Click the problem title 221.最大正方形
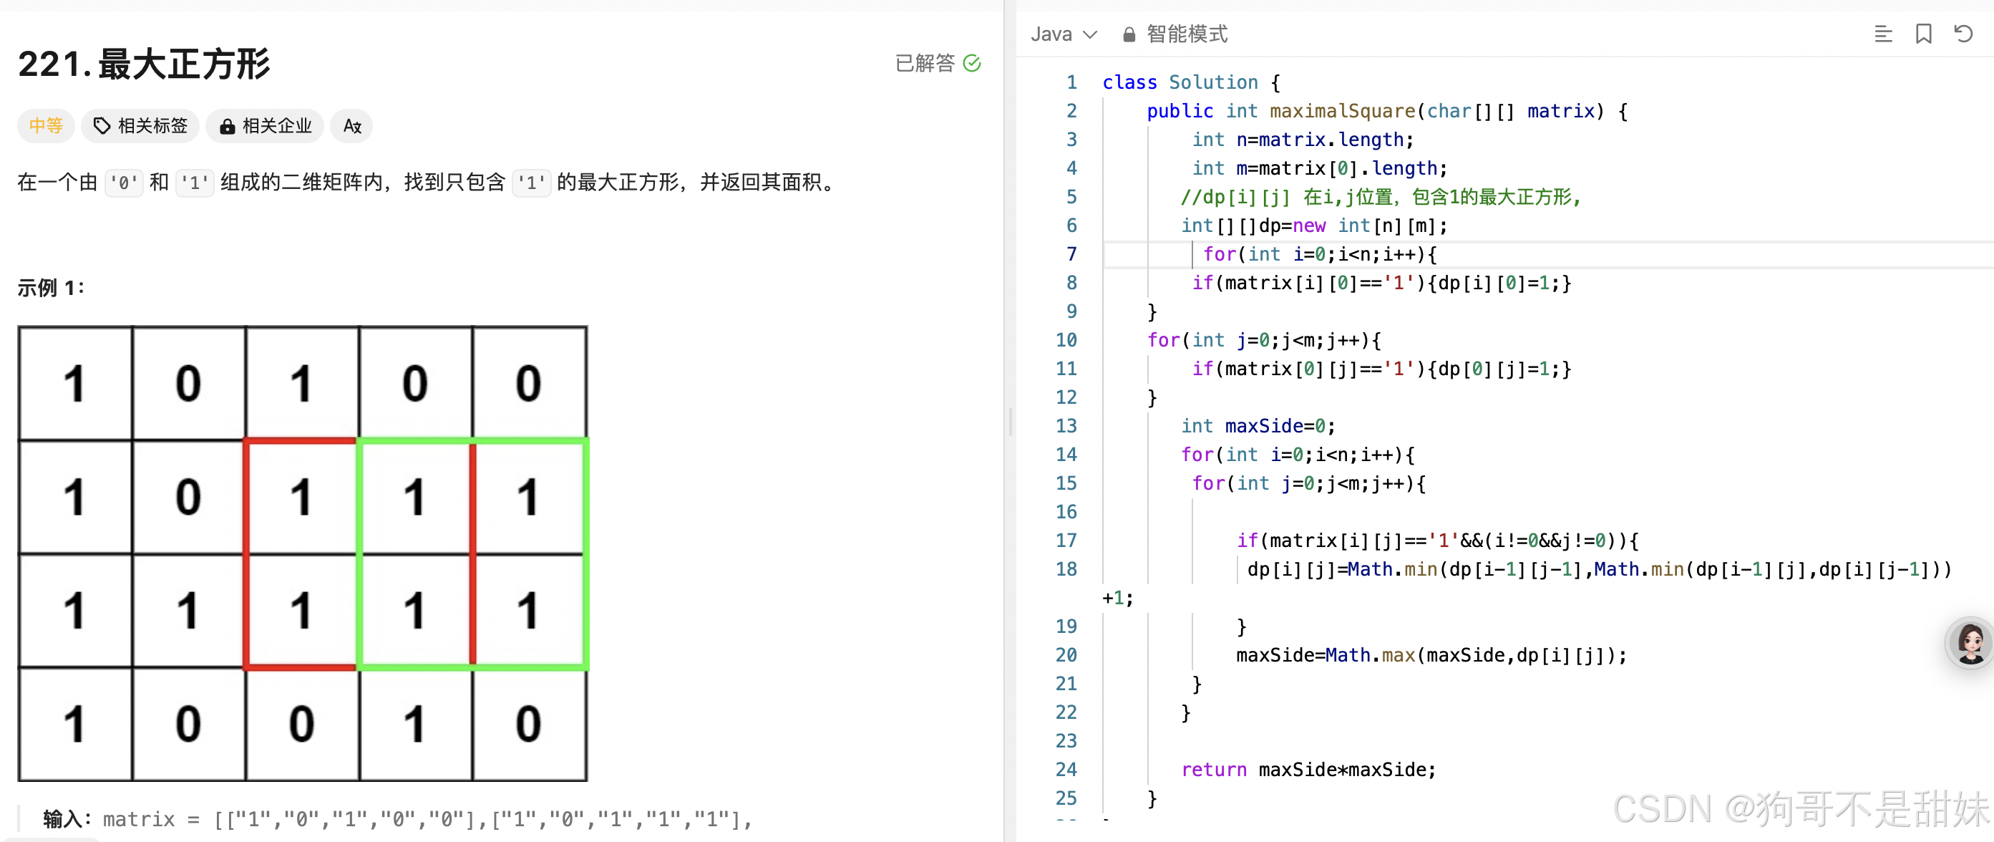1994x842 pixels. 144,64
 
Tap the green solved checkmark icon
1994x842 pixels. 972,63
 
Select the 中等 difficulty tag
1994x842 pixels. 46,125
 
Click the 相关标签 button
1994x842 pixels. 141,125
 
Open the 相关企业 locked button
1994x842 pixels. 266,125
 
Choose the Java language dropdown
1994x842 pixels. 1064,34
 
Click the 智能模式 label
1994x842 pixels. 1186,34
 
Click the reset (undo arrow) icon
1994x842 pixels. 1963,34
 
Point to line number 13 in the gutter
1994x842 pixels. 1066,426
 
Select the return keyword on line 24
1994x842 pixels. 1213,770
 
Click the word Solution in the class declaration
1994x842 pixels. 1213,82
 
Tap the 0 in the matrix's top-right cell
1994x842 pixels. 529,384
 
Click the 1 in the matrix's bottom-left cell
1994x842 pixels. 74,725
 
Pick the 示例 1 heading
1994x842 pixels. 51,288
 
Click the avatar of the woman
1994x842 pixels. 1970,642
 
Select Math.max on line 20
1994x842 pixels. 1370,655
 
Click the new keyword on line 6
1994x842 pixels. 1309,226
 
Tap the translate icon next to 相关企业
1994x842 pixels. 352,125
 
